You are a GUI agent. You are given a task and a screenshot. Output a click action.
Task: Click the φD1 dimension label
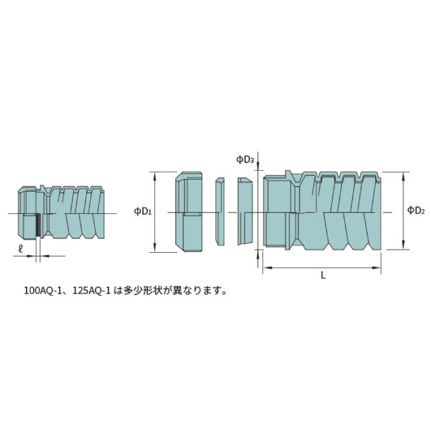tap(142, 211)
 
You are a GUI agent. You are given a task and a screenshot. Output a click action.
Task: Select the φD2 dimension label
tap(416, 210)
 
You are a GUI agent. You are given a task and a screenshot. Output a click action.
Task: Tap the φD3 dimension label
tap(245, 159)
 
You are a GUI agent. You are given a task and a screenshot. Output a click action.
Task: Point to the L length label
tap(323, 276)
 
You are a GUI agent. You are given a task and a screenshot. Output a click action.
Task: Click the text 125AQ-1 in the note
tap(87, 292)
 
